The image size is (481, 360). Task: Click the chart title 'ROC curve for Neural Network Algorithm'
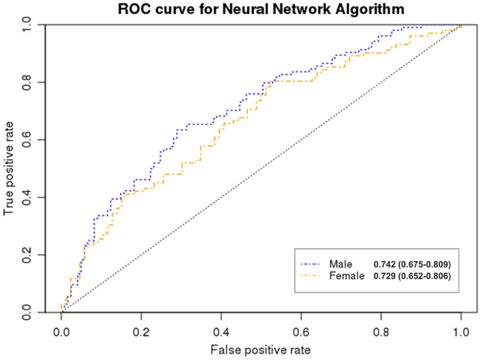tap(261, 10)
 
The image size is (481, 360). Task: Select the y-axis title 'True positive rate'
tap(10, 168)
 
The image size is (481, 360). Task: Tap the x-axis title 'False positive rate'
tap(261, 348)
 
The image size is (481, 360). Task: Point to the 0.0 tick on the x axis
tap(61, 328)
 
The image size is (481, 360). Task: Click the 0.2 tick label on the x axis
tap(141, 328)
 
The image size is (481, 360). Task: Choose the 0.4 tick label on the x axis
tap(221, 328)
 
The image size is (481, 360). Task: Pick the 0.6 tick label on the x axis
tap(301, 328)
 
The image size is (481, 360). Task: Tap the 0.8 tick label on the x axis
tap(381, 328)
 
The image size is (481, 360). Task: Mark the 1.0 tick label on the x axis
tap(461, 328)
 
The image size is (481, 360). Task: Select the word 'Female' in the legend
tap(346, 276)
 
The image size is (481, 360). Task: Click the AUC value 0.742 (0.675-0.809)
tap(412, 265)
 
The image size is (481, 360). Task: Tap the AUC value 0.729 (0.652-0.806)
tap(412, 276)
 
